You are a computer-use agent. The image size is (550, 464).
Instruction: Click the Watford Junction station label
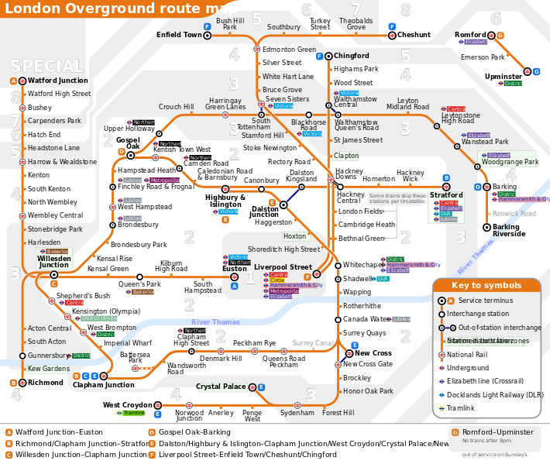58,81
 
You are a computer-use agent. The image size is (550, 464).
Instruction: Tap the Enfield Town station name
179,35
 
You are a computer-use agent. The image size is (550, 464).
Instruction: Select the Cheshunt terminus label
414,35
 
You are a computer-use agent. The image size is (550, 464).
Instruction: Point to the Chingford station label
351,56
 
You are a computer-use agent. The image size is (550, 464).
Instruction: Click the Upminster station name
504,77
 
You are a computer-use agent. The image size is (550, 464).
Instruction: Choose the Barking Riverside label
508,230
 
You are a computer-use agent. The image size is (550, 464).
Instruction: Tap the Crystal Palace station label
220,386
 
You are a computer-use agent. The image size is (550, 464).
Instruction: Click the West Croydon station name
128,404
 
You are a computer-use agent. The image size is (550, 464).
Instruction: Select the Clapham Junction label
104,385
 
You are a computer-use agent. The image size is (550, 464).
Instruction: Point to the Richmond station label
46,383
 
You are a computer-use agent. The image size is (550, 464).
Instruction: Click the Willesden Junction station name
53,261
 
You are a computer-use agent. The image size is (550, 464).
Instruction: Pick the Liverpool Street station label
283,267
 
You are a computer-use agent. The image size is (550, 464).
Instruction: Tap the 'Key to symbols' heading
487,285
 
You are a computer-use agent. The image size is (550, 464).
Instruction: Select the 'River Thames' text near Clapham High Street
216,322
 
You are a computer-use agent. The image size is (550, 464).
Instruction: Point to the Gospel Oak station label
128,143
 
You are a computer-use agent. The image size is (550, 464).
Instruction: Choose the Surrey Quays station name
364,333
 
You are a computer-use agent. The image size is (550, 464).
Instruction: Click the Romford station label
470,35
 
